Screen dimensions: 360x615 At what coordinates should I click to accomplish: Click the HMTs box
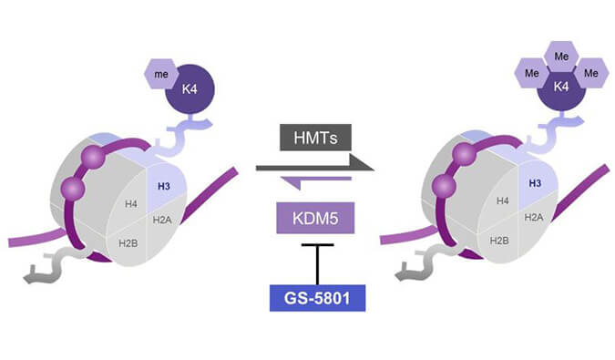[310, 138]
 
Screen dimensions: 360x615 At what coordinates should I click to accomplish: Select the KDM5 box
[310, 219]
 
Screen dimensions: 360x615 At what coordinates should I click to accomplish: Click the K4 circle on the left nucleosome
[188, 91]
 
